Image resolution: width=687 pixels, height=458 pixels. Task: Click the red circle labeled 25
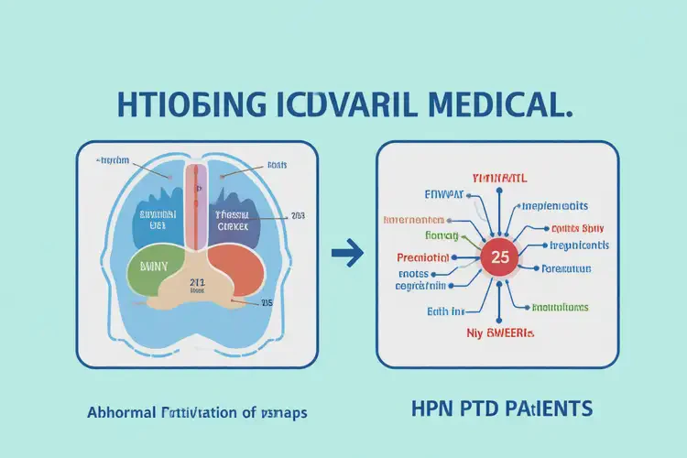(x=500, y=257)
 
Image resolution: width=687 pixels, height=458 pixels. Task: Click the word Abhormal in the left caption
(x=122, y=412)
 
